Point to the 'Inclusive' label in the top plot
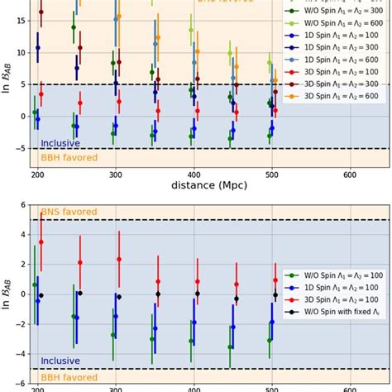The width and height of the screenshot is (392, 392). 60,143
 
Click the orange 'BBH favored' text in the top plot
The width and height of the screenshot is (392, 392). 69,157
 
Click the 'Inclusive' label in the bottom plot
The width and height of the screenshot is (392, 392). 60,361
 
